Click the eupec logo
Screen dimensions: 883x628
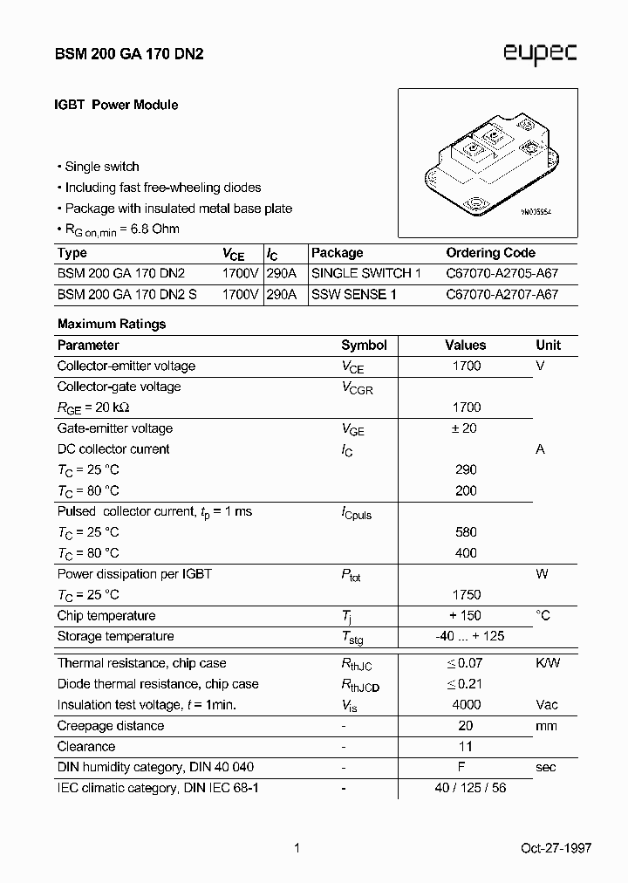click(540, 54)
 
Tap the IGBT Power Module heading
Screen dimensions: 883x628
click(117, 105)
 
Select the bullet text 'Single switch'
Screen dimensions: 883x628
click(102, 167)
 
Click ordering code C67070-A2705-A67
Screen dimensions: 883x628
click(502, 273)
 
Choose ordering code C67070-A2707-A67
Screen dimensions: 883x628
click(502, 294)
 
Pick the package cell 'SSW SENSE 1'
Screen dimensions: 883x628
click(353, 294)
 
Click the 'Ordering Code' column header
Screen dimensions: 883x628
click(490, 253)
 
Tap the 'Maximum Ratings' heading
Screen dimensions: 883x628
click(112, 324)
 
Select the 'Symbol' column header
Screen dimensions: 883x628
click(364, 345)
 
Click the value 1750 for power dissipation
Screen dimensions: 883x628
click(466, 594)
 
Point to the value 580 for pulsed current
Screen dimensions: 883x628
click(466, 531)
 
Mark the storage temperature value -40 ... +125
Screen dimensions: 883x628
click(469, 636)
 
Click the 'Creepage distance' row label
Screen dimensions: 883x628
click(111, 726)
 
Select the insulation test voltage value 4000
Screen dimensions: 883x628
click(466, 704)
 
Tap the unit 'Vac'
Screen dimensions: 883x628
click(548, 704)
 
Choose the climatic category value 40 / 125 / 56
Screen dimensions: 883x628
click(470, 788)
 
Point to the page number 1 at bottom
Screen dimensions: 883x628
click(297, 848)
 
